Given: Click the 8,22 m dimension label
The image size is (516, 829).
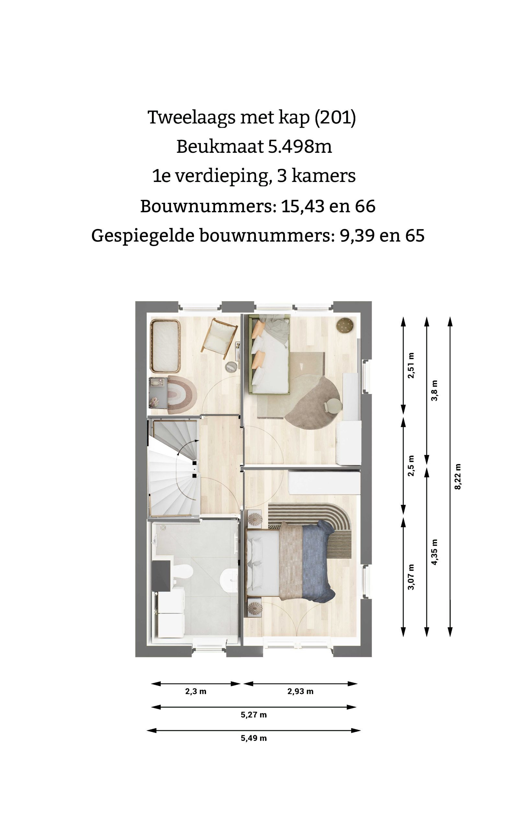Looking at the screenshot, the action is coord(458,477).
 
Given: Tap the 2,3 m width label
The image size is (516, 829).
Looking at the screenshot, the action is coord(196,691).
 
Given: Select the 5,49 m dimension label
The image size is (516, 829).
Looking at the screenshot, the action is coord(254,738).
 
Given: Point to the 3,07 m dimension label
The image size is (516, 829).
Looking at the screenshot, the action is coord(411,577).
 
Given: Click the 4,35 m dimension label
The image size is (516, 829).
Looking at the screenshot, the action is coord(434,552).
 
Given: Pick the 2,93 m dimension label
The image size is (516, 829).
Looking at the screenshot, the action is coord(300,691).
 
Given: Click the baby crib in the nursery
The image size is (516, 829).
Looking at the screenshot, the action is coord(166,346).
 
